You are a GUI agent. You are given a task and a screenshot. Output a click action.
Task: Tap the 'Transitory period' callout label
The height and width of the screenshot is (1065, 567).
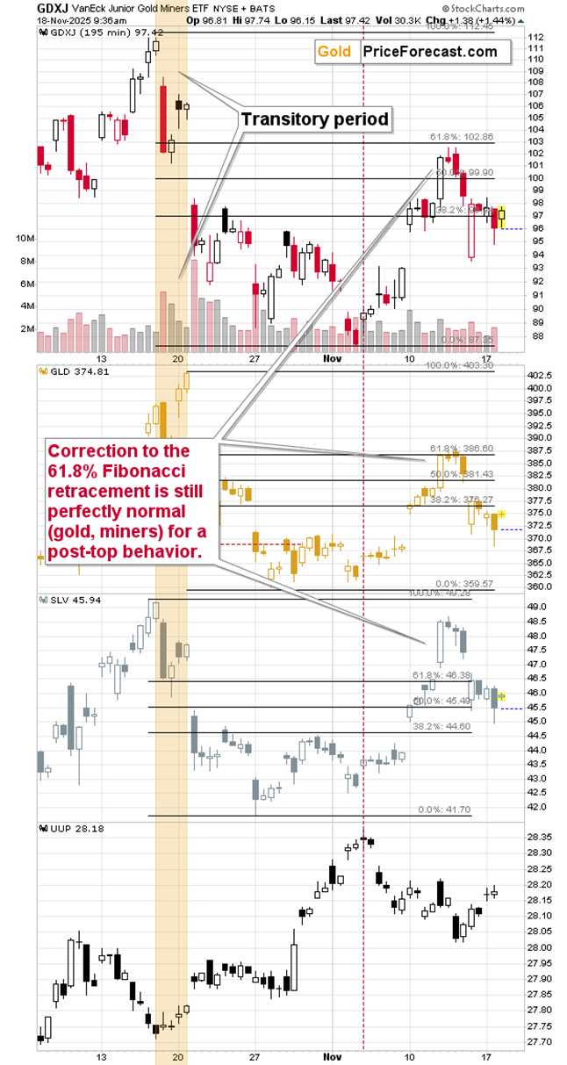click(x=315, y=119)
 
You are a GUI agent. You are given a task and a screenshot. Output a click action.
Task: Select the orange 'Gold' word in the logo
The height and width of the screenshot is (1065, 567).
click(x=334, y=52)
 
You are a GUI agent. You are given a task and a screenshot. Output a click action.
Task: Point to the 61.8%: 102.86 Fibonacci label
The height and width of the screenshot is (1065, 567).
click(x=462, y=137)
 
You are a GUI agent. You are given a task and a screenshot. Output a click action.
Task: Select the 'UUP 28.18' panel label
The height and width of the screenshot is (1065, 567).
click(x=69, y=827)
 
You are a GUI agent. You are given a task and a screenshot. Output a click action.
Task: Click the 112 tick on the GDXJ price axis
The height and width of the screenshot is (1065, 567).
click(x=535, y=36)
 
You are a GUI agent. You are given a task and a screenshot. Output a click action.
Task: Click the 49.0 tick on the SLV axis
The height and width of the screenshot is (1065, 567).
click(x=535, y=607)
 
